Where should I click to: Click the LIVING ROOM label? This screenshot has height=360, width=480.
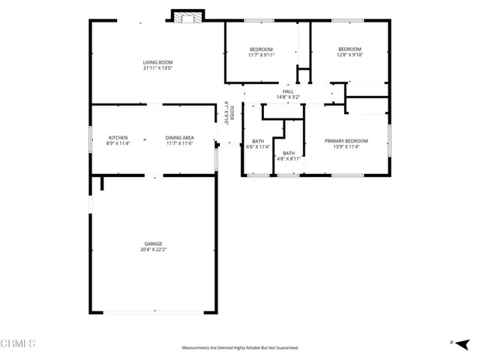tap(158, 62)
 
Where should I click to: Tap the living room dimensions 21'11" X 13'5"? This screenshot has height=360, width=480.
tap(158, 68)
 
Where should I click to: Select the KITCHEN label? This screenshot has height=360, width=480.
tap(118, 138)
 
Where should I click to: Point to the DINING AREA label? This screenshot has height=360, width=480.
tap(180, 138)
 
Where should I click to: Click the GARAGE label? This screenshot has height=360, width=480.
tap(154, 244)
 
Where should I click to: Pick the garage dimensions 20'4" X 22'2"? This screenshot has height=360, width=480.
tap(154, 250)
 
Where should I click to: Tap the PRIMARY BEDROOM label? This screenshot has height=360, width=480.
tap(346, 141)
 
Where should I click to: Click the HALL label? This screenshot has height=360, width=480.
tap(288, 91)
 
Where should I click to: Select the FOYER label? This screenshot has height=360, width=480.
tap(232, 113)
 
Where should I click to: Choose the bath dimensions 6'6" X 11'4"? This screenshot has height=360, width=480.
tap(258, 147)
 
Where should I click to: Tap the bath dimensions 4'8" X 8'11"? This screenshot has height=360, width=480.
tap(289, 159)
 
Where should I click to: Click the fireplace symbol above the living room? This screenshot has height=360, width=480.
tap(187, 16)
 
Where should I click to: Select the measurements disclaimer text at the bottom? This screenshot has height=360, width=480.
tap(240, 348)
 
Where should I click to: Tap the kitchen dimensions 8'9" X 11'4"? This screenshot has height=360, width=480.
tap(118, 144)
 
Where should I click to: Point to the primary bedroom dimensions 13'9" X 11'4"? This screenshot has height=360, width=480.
tap(346, 147)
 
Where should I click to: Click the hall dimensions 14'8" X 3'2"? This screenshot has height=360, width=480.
tap(288, 97)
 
